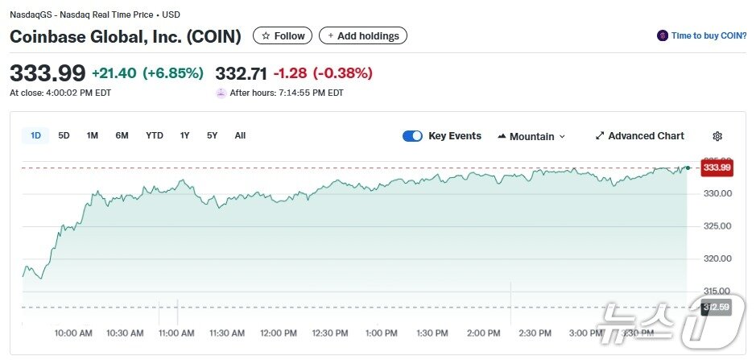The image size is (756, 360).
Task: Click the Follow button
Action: coord(283,35)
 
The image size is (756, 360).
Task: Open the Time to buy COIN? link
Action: coord(700,35)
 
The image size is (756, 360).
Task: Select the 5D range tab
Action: coord(64,135)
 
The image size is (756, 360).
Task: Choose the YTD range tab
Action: coord(155,135)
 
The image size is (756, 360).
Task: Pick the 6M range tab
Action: coord(122,135)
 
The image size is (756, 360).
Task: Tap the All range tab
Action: coord(240,135)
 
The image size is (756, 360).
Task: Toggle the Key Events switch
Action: coord(412,136)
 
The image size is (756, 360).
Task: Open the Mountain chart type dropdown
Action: coord(531,136)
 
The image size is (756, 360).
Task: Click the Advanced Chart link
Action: coord(639,136)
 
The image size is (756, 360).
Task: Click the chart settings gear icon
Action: coord(717,136)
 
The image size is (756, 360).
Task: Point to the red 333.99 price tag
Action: coord(716,168)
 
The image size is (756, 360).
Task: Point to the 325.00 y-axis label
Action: coord(716,226)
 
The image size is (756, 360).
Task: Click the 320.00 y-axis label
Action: coord(716,259)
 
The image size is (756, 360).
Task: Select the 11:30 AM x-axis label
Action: coord(227,333)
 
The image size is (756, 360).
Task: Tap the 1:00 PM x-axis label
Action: coord(381,333)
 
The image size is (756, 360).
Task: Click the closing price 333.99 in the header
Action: coord(48,73)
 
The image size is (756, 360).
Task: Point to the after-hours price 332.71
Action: coord(241,73)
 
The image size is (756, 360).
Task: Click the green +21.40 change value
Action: coord(114,73)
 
